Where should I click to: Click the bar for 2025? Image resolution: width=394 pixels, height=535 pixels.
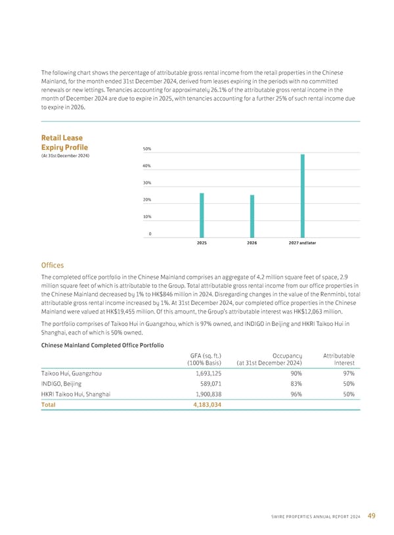(x=202, y=215)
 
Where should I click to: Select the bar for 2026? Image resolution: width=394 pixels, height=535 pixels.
(x=252, y=216)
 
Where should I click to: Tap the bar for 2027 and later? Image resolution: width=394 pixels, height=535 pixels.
(x=302, y=196)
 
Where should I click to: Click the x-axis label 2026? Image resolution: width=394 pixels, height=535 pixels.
(x=252, y=243)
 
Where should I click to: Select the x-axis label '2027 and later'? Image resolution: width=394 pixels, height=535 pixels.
(x=302, y=243)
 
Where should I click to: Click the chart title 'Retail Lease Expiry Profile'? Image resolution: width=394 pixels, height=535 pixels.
(x=64, y=143)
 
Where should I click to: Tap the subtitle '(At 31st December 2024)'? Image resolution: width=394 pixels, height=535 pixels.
(x=65, y=155)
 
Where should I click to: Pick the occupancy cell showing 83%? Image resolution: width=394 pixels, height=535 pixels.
(x=294, y=383)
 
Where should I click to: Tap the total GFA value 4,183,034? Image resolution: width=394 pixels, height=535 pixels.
(x=204, y=405)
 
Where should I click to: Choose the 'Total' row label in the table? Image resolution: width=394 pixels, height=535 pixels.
(x=48, y=405)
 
